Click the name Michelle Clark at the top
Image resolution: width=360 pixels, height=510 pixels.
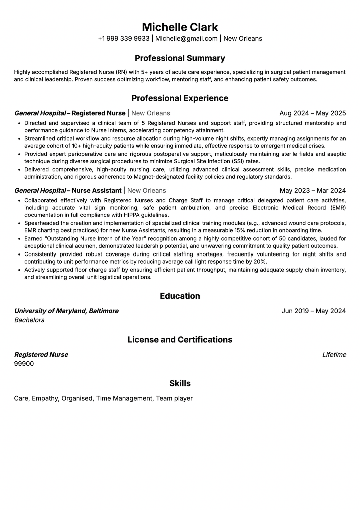[180, 27]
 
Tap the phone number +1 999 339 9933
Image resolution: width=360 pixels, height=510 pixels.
[124, 39]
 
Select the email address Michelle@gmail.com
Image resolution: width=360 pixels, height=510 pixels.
[186, 39]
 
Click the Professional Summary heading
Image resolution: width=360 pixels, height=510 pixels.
[180, 58]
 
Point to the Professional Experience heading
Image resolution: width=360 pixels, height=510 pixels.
[180, 98]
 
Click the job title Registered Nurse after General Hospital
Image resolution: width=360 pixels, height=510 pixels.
[99, 113]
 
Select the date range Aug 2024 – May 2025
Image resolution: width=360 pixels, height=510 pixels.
[312, 113]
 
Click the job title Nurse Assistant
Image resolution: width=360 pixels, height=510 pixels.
[97, 191]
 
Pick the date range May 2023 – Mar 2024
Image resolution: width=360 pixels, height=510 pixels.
[312, 191]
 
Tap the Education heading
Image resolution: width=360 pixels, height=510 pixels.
[180, 296]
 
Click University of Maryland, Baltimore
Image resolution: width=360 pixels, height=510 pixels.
[66, 311]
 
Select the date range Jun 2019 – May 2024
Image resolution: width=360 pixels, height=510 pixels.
[313, 311]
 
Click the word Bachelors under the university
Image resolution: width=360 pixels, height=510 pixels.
[29, 320]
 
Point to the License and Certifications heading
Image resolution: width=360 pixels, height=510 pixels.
[180, 340]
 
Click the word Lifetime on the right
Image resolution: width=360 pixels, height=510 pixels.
[334, 355]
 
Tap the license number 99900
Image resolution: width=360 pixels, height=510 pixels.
[24, 364]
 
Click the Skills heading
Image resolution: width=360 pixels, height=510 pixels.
[180, 383]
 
